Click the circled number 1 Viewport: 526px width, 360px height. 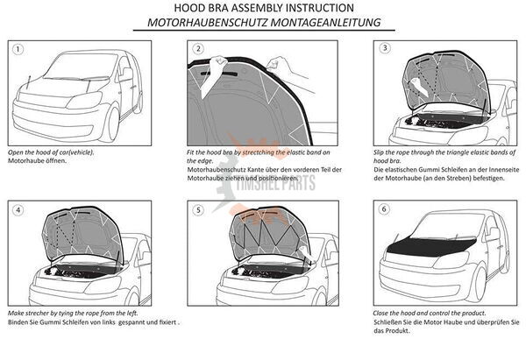click(18, 49)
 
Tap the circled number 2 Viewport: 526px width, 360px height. click(198, 48)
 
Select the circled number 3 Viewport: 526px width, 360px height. click(385, 48)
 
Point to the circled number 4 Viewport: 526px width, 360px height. click(18, 210)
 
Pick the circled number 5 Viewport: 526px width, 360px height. click(198, 210)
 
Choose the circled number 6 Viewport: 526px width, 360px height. click(384, 209)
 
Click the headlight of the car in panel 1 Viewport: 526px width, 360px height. click(84, 100)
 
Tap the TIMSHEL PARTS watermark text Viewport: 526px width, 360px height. click(275, 183)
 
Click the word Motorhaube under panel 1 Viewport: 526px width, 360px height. click(23, 160)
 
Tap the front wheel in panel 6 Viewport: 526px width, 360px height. click(479, 284)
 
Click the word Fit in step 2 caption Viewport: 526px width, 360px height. click(190, 152)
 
